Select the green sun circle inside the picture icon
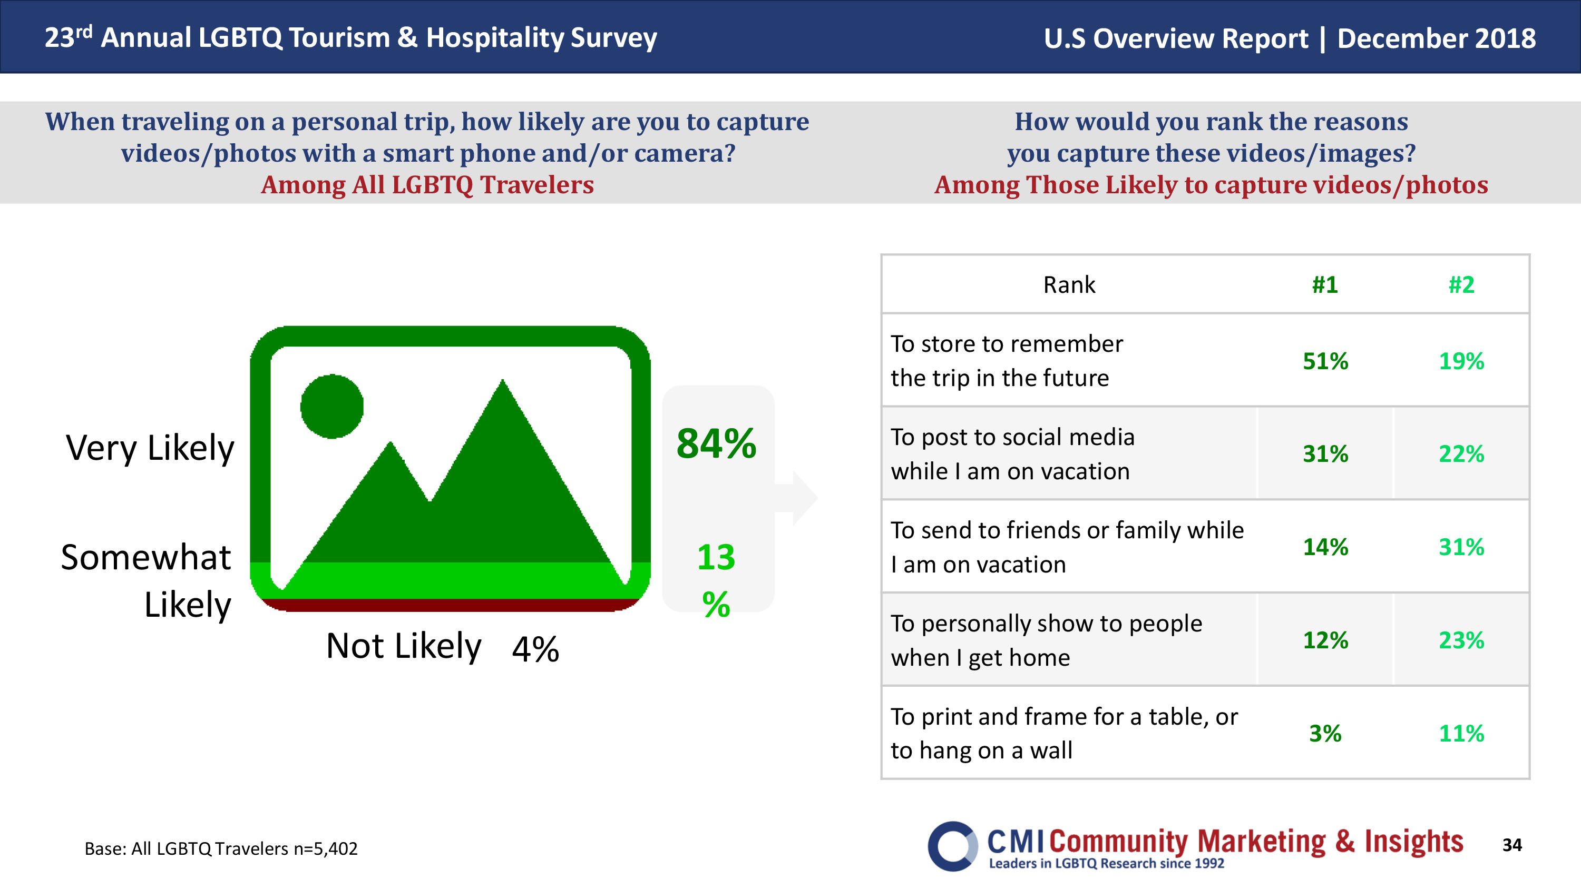(x=332, y=406)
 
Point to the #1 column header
(x=1324, y=285)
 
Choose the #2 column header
(x=1461, y=285)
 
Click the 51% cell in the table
(x=1325, y=361)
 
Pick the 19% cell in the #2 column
(x=1461, y=361)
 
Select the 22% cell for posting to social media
(x=1461, y=454)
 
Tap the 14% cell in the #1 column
(x=1325, y=547)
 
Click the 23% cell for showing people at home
(x=1461, y=640)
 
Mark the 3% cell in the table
(x=1325, y=733)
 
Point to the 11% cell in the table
(x=1461, y=733)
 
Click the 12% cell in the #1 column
(x=1325, y=640)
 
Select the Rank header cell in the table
(x=1069, y=285)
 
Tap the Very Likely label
(x=150, y=448)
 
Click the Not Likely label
(x=403, y=646)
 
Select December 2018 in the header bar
(x=1436, y=38)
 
